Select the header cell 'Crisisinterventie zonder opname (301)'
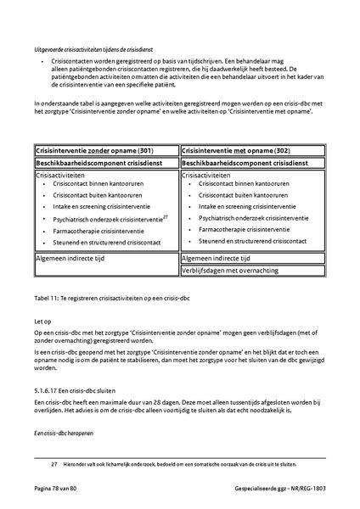click(88, 149)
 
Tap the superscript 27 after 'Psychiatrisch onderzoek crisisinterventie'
click(166, 215)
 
